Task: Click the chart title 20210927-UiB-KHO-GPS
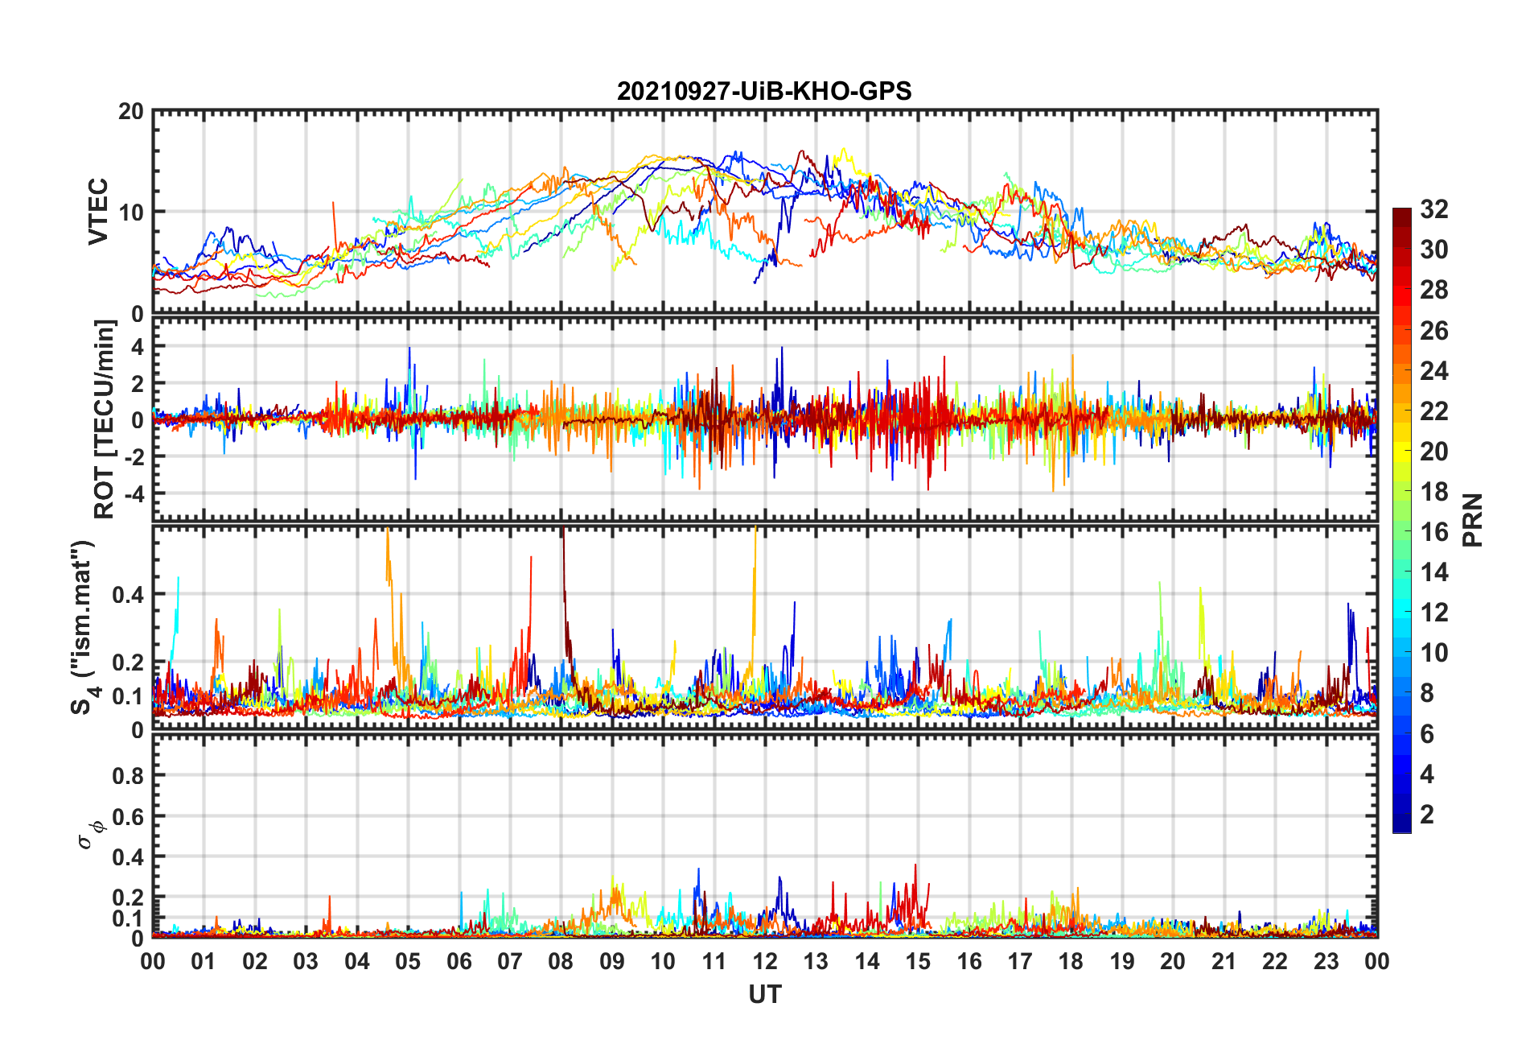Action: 764,91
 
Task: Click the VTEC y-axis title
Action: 98,212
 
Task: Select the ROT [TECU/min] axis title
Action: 105,419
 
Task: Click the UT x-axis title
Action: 764,995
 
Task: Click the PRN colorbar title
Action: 1472,520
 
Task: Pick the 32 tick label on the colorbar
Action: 1433,209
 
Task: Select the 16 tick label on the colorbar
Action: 1433,532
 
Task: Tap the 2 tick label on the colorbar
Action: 1427,815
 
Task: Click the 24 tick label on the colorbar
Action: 1433,371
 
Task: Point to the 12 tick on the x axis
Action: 765,961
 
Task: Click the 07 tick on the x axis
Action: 510,961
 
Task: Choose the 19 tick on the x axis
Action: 1122,961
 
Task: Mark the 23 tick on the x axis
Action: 1326,961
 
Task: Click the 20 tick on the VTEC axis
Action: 131,112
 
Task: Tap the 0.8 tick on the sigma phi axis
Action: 127,776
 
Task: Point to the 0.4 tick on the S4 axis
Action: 127,595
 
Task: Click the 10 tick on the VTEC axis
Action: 131,213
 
